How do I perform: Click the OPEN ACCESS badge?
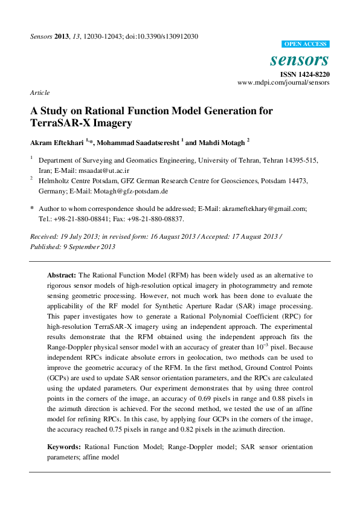[306, 44]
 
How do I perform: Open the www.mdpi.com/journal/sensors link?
[283, 82]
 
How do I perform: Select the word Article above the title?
[39, 92]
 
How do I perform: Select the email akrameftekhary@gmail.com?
[270, 209]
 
